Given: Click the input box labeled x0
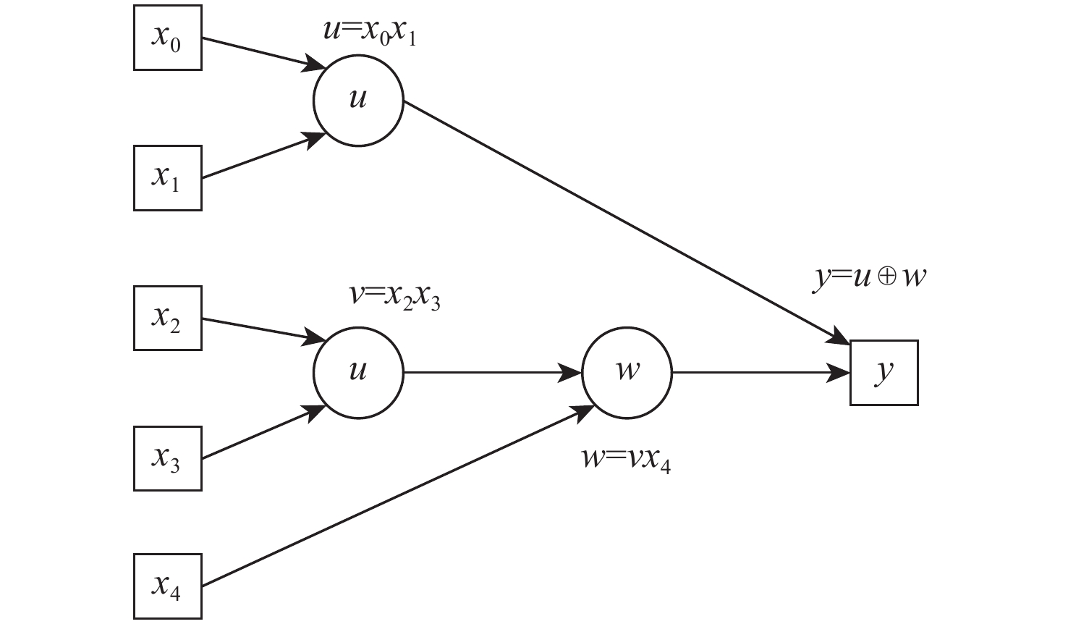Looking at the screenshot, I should (167, 38).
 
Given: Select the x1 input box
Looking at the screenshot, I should (167, 178).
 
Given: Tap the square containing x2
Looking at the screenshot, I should (167, 319).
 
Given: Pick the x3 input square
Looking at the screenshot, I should (167, 459).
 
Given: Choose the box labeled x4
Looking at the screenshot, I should (167, 586).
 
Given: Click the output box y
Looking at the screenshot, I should (883, 373).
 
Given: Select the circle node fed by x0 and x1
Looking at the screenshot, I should (358, 101).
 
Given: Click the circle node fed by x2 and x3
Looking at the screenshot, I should (358, 373).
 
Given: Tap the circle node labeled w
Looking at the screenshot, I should (627, 373).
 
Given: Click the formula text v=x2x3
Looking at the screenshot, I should (394, 297).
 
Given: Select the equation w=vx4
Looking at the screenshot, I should (627, 460).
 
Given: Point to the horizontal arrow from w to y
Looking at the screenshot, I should (760, 373).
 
